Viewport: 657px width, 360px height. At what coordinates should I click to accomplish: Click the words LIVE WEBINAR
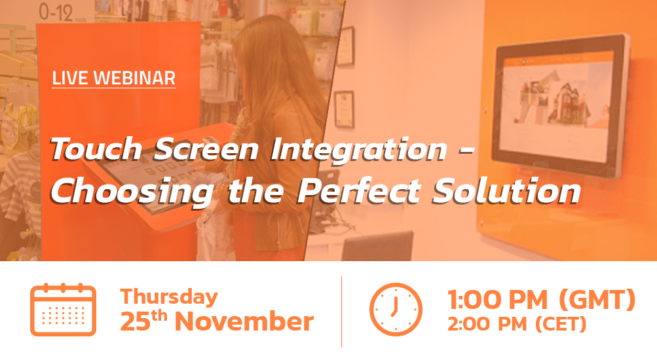coord(113,79)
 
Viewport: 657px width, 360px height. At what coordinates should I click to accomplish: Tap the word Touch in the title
coord(96,149)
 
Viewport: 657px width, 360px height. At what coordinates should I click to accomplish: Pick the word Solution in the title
coord(507,190)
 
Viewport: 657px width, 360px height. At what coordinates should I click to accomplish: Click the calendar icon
coord(64,310)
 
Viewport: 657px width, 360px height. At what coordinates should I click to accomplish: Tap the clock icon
coord(396,310)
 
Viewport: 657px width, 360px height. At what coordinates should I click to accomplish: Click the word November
coord(244,321)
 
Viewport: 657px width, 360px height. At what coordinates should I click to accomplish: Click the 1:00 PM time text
coord(498,300)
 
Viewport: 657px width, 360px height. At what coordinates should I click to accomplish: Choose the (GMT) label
coord(597,300)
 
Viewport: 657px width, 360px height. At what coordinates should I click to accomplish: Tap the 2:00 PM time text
coord(487,325)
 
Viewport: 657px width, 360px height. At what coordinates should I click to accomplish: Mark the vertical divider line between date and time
coord(341,312)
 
